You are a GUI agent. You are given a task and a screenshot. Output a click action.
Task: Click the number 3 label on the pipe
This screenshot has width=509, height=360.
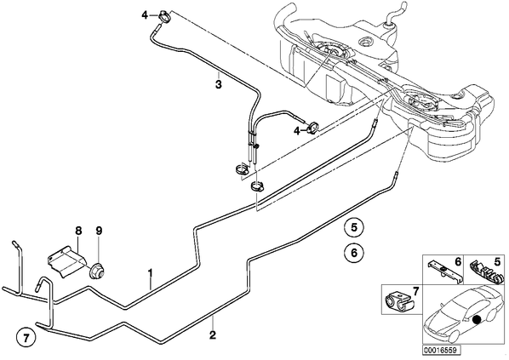(219, 85)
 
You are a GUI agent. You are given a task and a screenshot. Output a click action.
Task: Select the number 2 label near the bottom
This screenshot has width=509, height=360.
(213, 334)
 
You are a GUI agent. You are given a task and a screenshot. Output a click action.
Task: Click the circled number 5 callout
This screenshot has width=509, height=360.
(354, 227)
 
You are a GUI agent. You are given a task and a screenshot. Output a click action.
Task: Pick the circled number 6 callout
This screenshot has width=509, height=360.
(354, 252)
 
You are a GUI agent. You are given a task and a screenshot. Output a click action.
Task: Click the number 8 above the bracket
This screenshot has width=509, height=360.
(78, 231)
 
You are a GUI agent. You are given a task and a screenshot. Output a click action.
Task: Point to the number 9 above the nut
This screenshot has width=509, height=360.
(99, 231)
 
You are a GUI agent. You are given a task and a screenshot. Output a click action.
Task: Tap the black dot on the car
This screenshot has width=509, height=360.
(477, 320)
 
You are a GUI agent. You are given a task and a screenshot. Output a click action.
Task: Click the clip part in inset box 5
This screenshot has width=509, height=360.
(483, 268)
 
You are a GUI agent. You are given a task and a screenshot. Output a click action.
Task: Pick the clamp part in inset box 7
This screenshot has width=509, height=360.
(398, 302)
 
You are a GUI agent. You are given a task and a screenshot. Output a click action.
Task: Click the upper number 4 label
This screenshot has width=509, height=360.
(145, 14)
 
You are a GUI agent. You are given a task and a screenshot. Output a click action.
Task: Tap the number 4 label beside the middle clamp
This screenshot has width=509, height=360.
(297, 130)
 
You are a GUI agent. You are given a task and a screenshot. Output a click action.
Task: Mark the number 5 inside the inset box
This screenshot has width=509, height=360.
(497, 261)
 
